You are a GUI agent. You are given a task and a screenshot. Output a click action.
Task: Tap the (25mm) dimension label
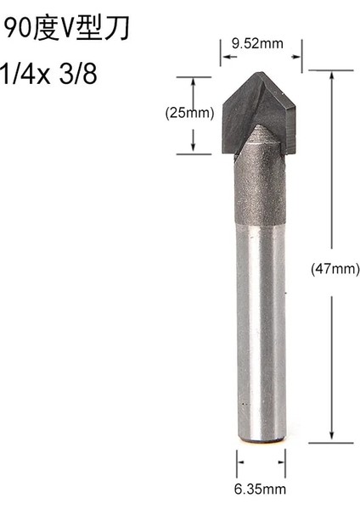pos(188,113)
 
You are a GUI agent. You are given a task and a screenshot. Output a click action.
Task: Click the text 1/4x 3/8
pos(49,73)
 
